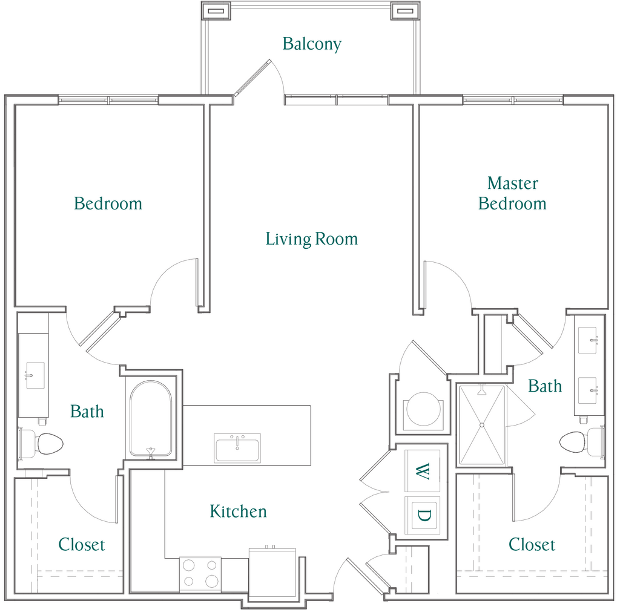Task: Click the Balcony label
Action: tap(312, 44)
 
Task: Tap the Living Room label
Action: tap(312, 239)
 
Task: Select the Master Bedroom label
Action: tap(512, 193)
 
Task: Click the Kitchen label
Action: tap(238, 511)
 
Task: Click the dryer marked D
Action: tap(422, 515)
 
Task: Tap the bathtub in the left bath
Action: tap(151, 419)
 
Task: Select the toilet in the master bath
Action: tap(582, 442)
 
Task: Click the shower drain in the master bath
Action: tap(481, 425)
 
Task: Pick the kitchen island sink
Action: tap(237, 448)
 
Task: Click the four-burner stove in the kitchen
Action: tap(200, 574)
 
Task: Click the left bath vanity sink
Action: tap(35, 375)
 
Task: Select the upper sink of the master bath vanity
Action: tap(587, 340)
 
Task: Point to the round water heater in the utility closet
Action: tap(423, 409)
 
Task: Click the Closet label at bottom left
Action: tap(82, 545)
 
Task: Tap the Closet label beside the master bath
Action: tap(532, 544)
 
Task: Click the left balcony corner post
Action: tap(216, 11)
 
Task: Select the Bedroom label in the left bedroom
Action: tap(108, 203)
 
